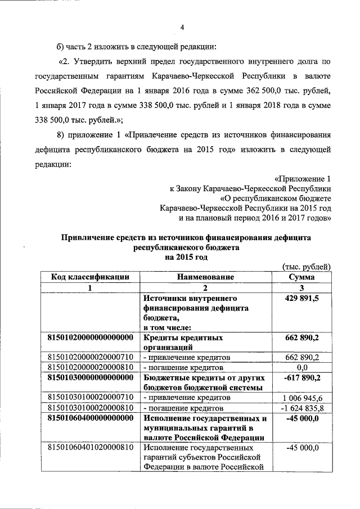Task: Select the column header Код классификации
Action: pos(90,277)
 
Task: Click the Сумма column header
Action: pos(301,277)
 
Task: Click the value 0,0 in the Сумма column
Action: pos(301,367)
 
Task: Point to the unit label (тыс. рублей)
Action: pos(304,267)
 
